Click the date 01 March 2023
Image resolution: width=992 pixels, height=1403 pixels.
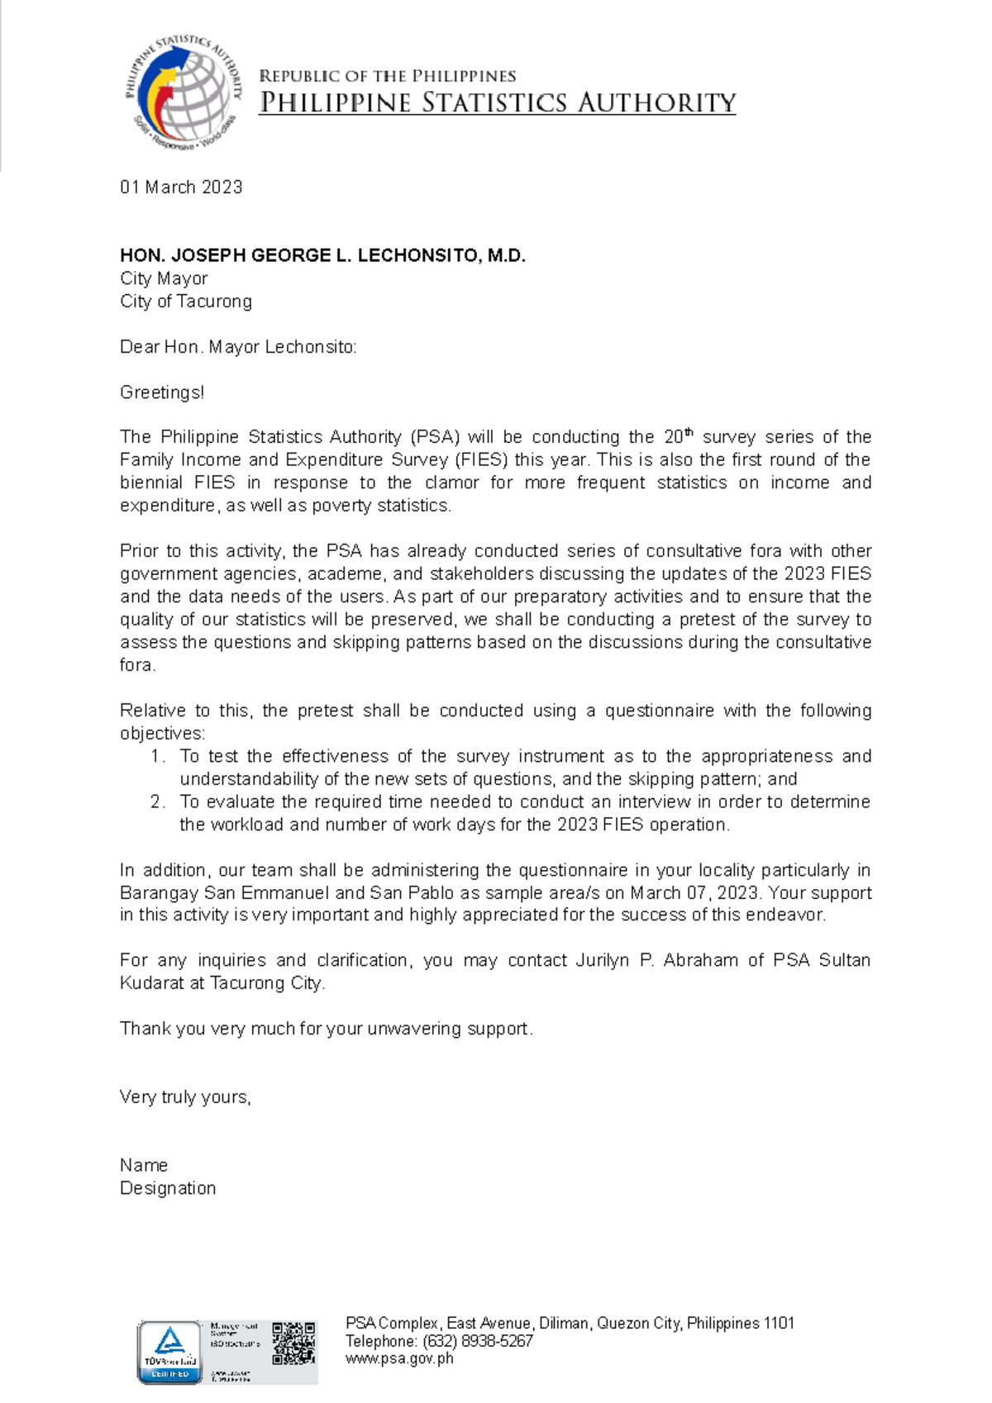(x=181, y=188)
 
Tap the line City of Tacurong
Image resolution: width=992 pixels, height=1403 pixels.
(x=186, y=302)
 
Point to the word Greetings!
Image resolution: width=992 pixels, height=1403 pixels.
(x=162, y=392)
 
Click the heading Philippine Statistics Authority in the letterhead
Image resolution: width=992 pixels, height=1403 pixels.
(x=497, y=103)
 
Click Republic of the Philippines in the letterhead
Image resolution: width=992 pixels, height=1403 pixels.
(x=388, y=76)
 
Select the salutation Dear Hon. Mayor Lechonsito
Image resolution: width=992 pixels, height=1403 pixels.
(x=238, y=347)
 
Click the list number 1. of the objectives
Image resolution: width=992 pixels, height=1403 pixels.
(x=158, y=756)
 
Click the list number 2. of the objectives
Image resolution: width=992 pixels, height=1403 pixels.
(x=158, y=801)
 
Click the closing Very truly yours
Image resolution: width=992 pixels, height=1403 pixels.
(x=185, y=1097)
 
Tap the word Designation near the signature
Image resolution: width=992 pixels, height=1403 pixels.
(x=168, y=1188)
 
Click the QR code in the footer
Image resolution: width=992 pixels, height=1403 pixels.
(x=293, y=1343)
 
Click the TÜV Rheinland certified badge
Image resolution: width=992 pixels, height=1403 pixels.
(x=169, y=1352)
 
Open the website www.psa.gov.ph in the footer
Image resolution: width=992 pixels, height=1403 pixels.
(x=399, y=1358)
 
